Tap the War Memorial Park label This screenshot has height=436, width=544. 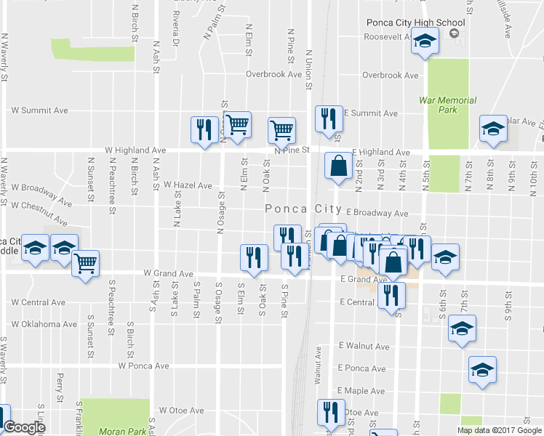[447, 105]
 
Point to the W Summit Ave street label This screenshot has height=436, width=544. [39, 110]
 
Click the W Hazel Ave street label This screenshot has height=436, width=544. [188, 185]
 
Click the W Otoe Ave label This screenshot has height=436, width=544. [182, 411]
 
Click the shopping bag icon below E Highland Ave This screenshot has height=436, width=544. [338, 166]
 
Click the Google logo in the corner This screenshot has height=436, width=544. [24, 428]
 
